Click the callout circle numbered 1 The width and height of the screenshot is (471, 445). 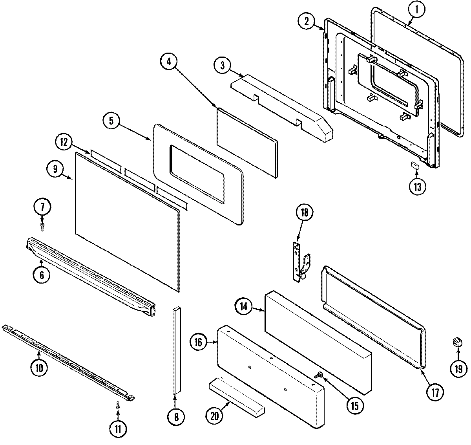[x=417, y=11]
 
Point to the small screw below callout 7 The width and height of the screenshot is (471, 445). [x=42, y=225]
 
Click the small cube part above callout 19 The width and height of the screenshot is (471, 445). [x=456, y=342]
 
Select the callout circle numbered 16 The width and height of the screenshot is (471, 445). [x=198, y=342]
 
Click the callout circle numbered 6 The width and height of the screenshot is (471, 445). [x=42, y=275]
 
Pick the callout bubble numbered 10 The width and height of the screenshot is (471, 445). [x=40, y=368]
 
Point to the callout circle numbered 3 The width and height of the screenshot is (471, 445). [x=222, y=65]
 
